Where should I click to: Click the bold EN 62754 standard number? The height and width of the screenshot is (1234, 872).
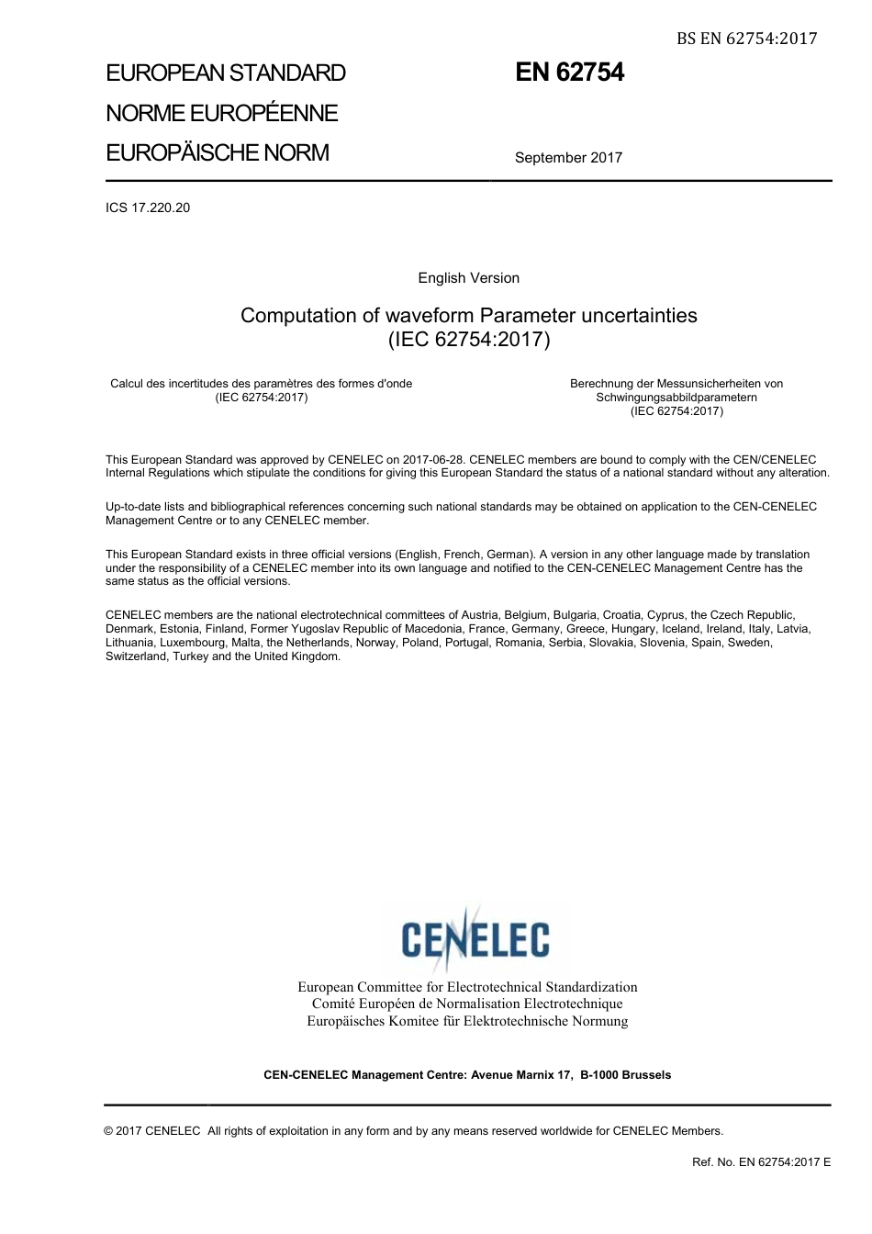pos(569,73)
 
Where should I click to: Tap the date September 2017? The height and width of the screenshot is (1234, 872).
pos(568,157)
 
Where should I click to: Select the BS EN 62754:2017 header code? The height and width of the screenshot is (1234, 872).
pos(746,38)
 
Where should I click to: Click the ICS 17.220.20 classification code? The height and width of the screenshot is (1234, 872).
pos(148,208)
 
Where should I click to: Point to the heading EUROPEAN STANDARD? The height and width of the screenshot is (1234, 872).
pos(226,73)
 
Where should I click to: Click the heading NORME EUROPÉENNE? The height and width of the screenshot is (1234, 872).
pos(222,113)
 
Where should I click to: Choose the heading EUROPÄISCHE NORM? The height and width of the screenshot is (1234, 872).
pos(218,152)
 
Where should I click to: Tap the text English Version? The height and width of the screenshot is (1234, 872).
pos(468,278)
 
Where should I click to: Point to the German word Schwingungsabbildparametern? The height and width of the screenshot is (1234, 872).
pos(676,398)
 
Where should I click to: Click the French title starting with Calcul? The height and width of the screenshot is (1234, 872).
pos(261,384)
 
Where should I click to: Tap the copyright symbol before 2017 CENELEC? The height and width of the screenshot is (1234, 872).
pos(109,1131)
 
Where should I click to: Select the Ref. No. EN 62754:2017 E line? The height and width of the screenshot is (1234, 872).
pos(761,1162)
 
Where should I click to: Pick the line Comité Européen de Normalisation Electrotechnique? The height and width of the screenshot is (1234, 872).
pos(467,1004)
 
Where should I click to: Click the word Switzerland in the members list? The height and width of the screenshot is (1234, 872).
pos(136,656)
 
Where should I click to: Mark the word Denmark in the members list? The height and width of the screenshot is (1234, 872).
pos(129,629)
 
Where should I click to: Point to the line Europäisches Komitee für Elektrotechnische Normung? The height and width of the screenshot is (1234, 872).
pos(467,1021)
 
